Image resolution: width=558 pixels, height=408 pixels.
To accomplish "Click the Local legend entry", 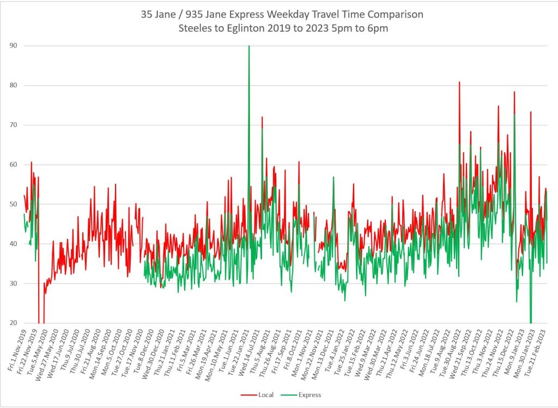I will pos(265,395).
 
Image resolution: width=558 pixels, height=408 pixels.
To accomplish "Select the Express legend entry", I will pos(310,395).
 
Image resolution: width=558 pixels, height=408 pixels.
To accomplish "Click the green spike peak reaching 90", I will pos(249,46).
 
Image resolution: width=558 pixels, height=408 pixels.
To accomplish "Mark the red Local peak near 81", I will pos(459,82).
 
